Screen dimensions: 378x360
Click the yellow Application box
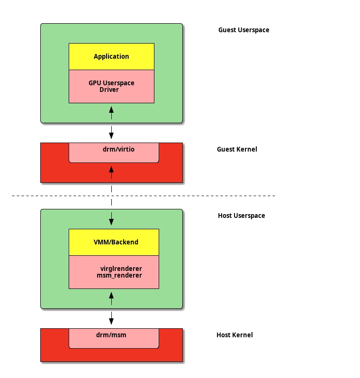pos(111,56)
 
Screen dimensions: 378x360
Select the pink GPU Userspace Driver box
pos(111,86)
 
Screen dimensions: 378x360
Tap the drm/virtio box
pos(114,152)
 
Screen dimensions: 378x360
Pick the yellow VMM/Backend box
pos(114,242)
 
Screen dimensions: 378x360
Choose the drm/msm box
pos(114,338)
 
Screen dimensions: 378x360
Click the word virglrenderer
pos(121,269)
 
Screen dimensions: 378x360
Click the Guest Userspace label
pos(243,30)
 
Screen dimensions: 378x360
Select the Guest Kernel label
pos(237,149)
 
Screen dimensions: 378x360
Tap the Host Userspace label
pos(241,216)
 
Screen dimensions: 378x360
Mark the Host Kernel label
pos(234,335)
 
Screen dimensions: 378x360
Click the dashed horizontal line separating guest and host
pos(213,196)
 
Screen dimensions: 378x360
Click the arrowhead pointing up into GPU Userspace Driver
pos(111,109)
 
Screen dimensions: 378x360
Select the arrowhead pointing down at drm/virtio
pos(111,136)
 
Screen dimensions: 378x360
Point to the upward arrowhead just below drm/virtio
pos(111,169)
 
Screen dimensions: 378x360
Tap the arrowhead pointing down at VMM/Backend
pos(111,222)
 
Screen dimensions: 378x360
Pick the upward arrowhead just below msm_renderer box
pos(111,295)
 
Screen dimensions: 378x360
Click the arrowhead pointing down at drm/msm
pos(111,322)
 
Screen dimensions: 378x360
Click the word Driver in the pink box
pos(109,90)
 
